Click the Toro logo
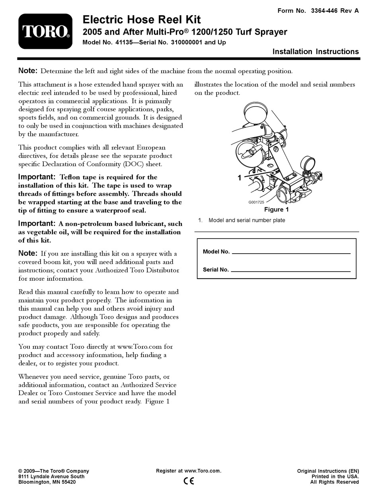[x=45, y=31]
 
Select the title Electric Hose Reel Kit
[x=141, y=19]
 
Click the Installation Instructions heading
[x=315, y=51]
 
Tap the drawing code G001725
[x=256, y=202]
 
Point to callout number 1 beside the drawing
[x=239, y=178]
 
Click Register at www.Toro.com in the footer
[x=189, y=471]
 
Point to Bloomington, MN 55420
[x=47, y=482]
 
